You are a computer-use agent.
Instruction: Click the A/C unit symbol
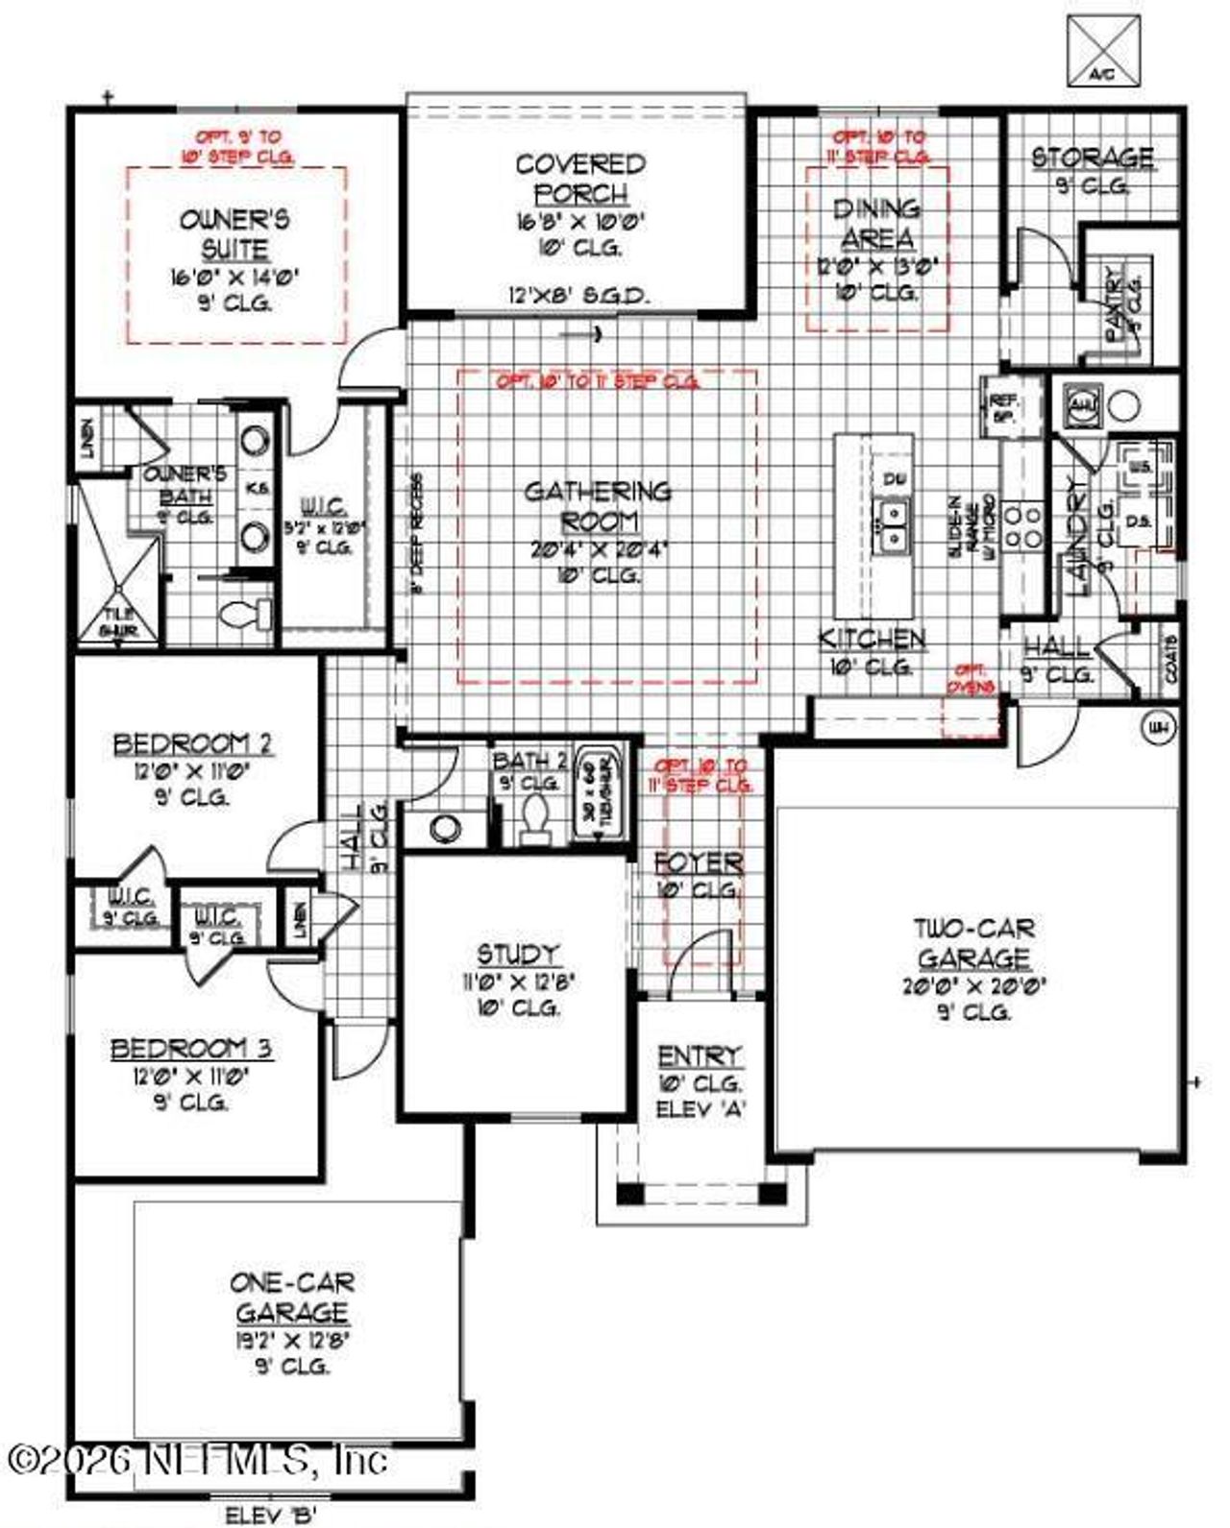pos(1104,50)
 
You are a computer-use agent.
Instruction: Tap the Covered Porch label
pos(580,179)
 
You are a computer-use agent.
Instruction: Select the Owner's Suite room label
pos(234,234)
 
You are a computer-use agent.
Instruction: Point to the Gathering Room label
pos(598,506)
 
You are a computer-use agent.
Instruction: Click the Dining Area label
pos(876,223)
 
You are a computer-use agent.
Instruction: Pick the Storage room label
pos(1093,157)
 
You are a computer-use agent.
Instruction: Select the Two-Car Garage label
pos(973,943)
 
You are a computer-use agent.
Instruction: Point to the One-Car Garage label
pos(292,1297)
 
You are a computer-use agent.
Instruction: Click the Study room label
pos(518,955)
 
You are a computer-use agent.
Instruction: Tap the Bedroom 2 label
pos(192,744)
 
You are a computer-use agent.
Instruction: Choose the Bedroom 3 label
pos(192,1049)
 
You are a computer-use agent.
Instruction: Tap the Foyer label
pos(699,862)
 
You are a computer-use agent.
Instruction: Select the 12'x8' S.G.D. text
pos(578,296)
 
